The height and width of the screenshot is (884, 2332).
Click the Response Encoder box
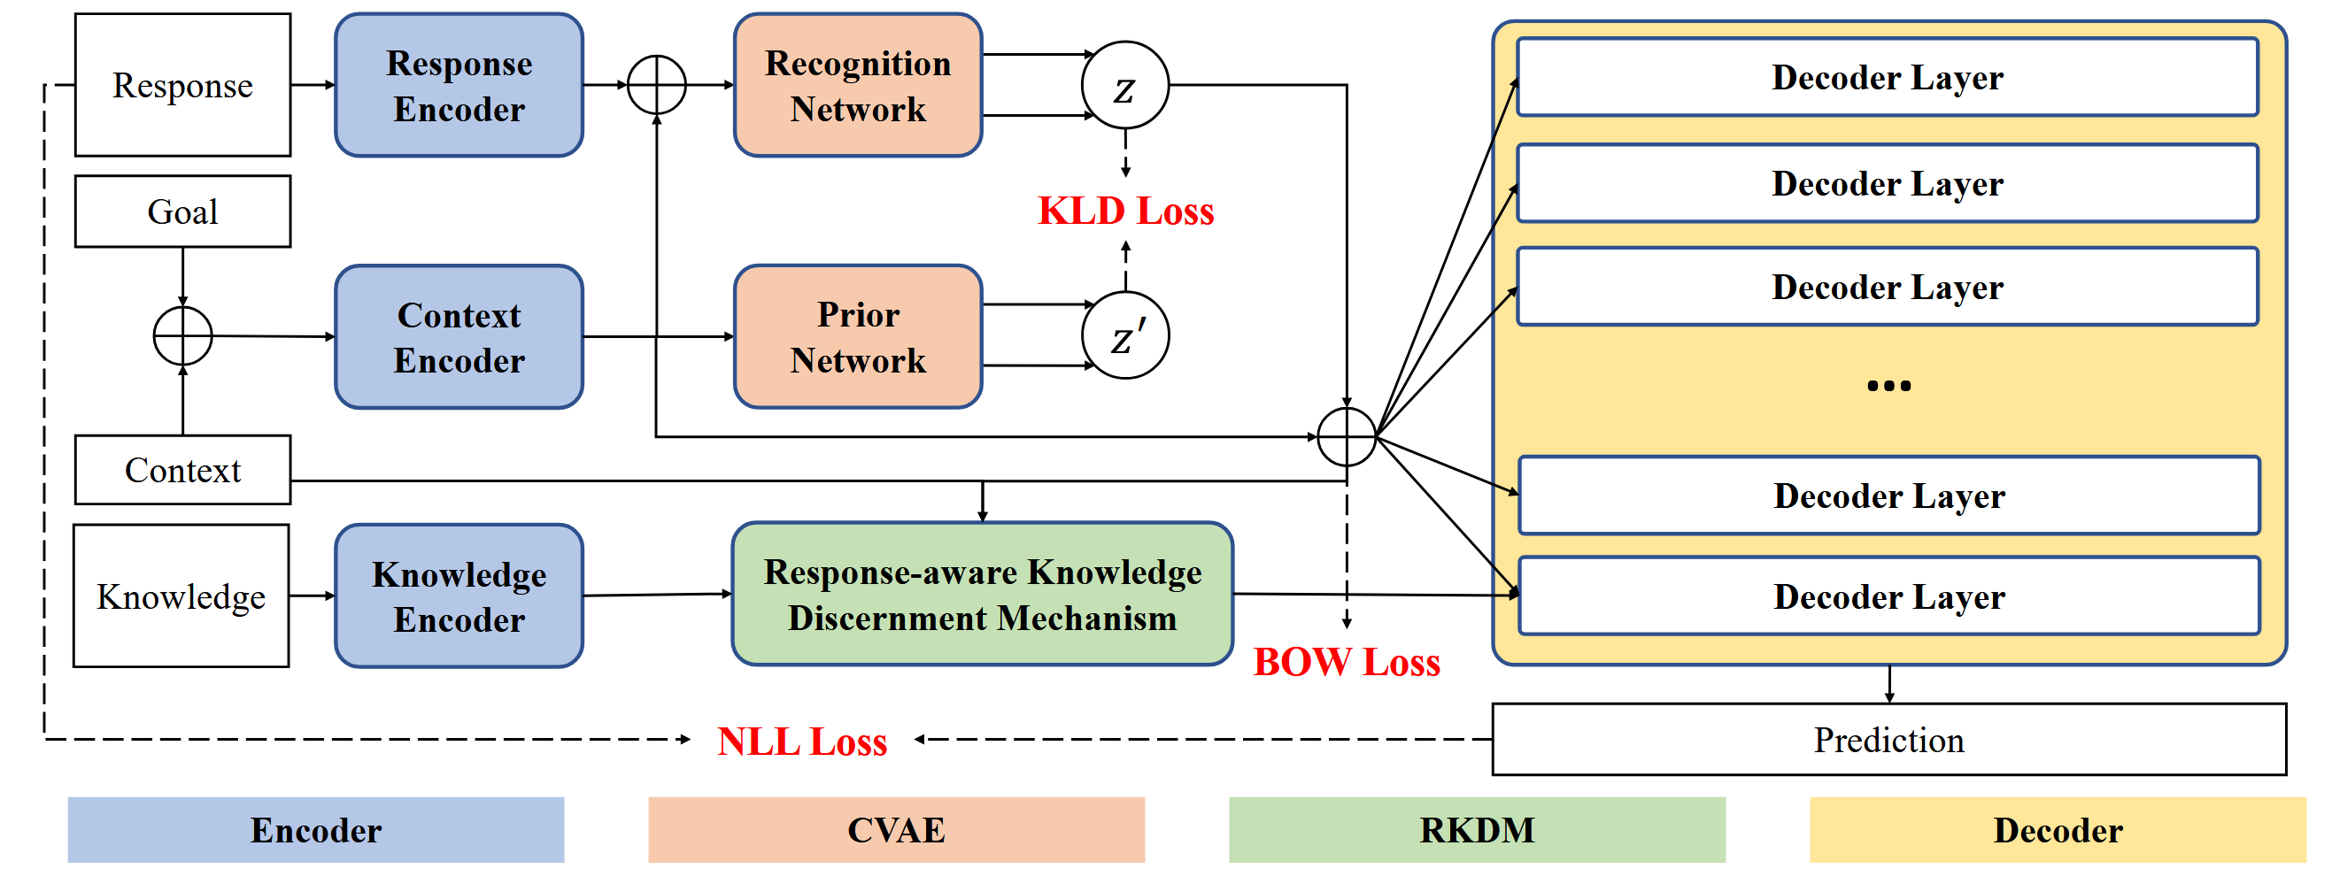(x=458, y=85)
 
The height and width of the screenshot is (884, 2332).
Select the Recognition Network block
(x=857, y=85)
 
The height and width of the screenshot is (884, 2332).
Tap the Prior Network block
(x=857, y=336)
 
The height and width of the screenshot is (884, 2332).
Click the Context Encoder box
(x=458, y=336)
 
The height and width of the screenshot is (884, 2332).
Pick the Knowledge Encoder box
(x=458, y=596)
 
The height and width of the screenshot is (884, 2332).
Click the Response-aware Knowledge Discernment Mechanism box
(x=982, y=595)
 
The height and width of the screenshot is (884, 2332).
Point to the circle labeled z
(x=1124, y=85)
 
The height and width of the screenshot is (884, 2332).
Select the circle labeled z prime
(x=1124, y=335)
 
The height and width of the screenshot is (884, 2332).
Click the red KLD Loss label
(x=1124, y=211)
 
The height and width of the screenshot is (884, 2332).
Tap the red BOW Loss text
(x=1346, y=662)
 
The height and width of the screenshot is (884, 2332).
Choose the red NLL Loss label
(x=801, y=742)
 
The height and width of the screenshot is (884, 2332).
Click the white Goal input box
(x=182, y=211)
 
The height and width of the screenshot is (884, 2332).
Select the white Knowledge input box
(x=181, y=596)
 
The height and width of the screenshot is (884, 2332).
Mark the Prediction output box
(x=1888, y=740)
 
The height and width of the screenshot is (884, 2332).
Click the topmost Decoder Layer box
(x=1888, y=77)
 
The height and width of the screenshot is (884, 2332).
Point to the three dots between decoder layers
(x=1888, y=387)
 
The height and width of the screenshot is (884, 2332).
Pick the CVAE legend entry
(x=896, y=830)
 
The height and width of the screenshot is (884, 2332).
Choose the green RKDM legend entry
(x=1477, y=830)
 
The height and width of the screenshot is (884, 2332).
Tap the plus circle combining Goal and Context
(x=182, y=335)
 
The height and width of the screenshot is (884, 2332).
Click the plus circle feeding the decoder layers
(x=1346, y=437)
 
